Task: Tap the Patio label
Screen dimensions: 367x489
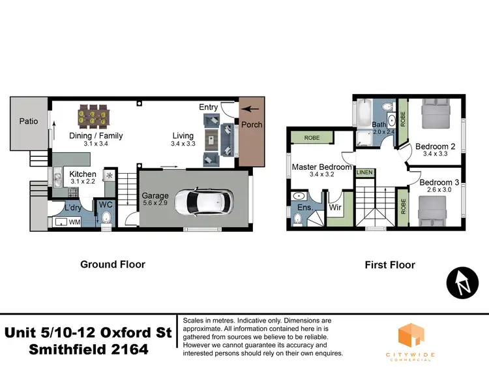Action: pyautogui.click(x=28, y=121)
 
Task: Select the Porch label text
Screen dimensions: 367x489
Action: pyautogui.click(x=252, y=125)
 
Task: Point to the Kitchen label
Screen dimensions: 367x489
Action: pyautogui.click(x=83, y=174)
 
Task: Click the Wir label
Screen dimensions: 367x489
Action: pyautogui.click(x=336, y=207)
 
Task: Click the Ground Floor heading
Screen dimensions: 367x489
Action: pyautogui.click(x=112, y=264)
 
